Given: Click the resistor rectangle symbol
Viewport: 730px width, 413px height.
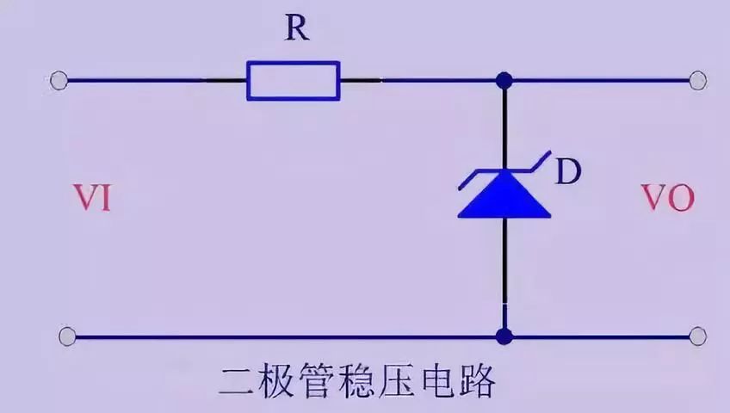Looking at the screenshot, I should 294,80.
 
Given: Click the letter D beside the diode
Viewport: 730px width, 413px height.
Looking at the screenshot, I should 566,173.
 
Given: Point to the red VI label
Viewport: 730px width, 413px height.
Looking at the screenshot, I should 92,200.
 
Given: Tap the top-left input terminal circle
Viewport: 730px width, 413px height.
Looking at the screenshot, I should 59,81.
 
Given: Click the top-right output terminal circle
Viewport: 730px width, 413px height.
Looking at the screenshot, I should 698,81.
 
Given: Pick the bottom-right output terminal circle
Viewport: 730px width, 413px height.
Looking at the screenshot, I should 698,334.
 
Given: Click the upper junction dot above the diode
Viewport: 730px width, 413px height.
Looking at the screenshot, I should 504,81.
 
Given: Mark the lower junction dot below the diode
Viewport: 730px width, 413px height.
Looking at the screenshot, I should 504,334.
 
